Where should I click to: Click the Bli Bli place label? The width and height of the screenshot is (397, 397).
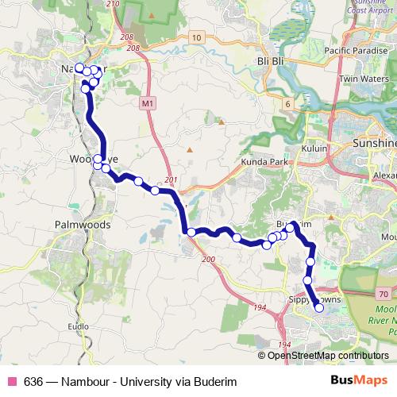point(270,60)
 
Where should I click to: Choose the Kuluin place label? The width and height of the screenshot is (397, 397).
point(314,148)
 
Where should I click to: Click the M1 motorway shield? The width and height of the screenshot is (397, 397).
point(147,103)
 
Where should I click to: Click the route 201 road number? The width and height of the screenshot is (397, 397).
point(170,180)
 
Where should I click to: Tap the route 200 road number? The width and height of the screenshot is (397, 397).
point(209,260)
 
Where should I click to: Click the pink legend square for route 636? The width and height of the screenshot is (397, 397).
point(10,381)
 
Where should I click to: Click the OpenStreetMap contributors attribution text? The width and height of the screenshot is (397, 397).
point(328,355)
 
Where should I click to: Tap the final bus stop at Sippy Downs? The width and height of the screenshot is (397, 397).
point(320,308)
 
